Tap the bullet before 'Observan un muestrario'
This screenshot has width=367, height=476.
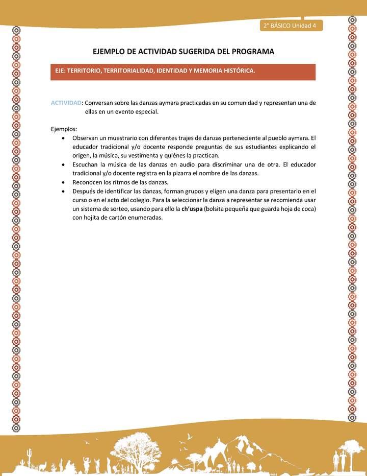(62, 138)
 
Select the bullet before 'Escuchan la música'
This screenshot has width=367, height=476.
(62, 164)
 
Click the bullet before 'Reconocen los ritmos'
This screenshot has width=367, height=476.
(62, 182)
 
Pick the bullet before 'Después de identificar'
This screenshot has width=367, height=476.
(62, 191)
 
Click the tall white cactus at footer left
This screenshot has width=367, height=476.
(29, 455)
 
